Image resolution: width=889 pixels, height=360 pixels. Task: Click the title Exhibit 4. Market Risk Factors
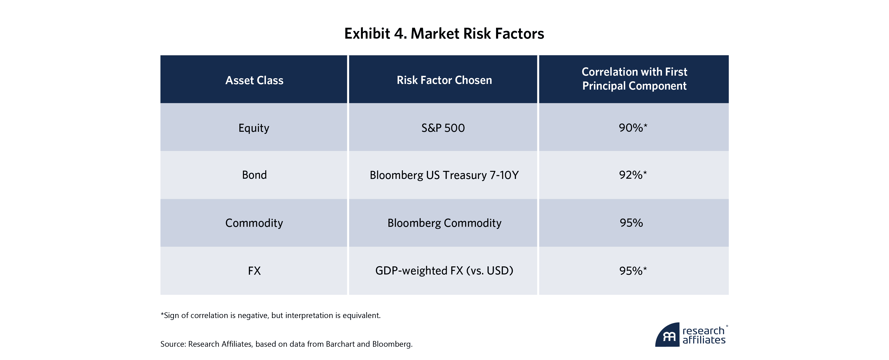pyautogui.click(x=444, y=33)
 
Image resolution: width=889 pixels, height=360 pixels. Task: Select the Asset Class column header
pyautogui.click(x=254, y=80)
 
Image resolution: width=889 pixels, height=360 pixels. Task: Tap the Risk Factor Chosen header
pyautogui.click(x=444, y=80)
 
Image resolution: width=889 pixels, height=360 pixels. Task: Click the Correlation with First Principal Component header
pyautogui.click(x=634, y=79)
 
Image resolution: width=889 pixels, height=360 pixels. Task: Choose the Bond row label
pyautogui.click(x=254, y=175)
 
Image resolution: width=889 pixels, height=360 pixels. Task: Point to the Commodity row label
pyautogui.click(x=254, y=223)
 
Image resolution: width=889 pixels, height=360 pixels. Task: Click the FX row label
pyautogui.click(x=254, y=271)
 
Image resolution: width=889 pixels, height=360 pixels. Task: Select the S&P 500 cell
pyautogui.click(x=443, y=128)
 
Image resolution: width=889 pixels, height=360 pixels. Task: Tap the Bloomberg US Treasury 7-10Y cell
pyautogui.click(x=444, y=175)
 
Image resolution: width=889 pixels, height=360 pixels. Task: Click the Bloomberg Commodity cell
pyautogui.click(x=444, y=223)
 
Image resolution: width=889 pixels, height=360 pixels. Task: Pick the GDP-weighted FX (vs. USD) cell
pyautogui.click(x=444, y=271)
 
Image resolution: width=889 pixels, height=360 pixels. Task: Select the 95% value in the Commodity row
pyautogui.click(x=631, y=223)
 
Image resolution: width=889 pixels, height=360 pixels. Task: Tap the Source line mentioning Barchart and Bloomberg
pyautogui.click(x=287, y=344)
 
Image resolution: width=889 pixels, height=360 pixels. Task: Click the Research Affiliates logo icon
pyautogui.click(x=667, y=336)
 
